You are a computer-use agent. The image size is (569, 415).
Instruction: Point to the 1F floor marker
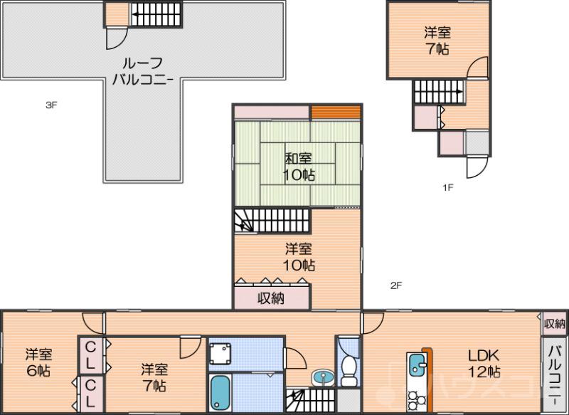(x=448, y=188)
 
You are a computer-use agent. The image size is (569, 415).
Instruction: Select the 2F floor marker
(x=396, y=286)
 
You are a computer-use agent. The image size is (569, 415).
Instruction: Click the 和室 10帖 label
(x=300, y=166)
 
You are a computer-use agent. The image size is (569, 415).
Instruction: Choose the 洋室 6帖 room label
(x=39, y=362)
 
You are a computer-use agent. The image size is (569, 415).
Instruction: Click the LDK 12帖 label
(x=484, y=362)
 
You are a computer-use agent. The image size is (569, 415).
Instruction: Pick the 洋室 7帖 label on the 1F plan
(x=437, y=41)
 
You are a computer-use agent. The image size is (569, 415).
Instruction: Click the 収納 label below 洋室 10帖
(x=271, y=298)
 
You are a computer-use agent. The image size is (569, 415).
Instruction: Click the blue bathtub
(x=220, y=394)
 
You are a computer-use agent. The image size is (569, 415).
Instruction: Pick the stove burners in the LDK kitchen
(x=414, y=398)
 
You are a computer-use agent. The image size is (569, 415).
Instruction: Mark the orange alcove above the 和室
(x=336, y=112)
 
